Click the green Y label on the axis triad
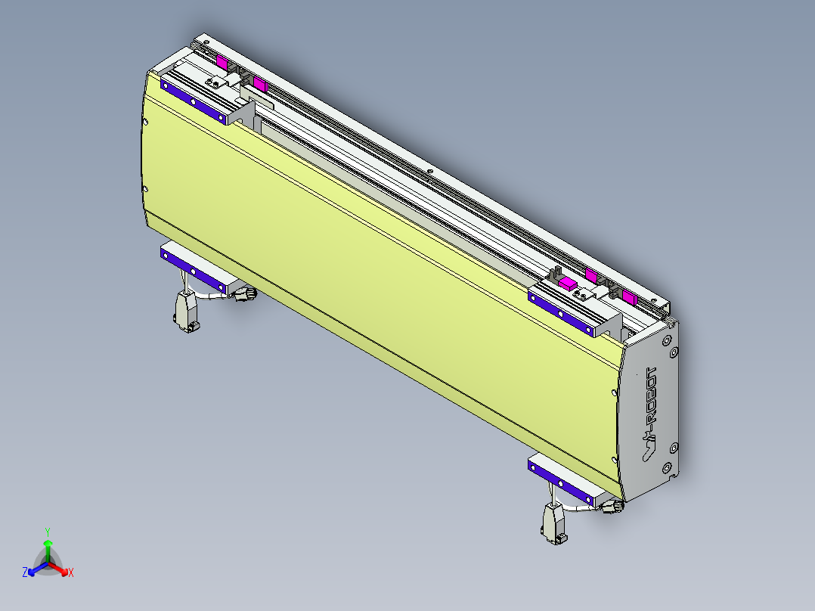click(x=48, y=532)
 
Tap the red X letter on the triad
click(x=71, y=573)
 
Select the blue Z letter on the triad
click(x=25, y=573)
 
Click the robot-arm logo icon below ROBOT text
click(x=648, y=450)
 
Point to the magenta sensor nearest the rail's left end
click(x=222, y=62)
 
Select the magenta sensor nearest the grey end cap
click(x=628, y=296)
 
